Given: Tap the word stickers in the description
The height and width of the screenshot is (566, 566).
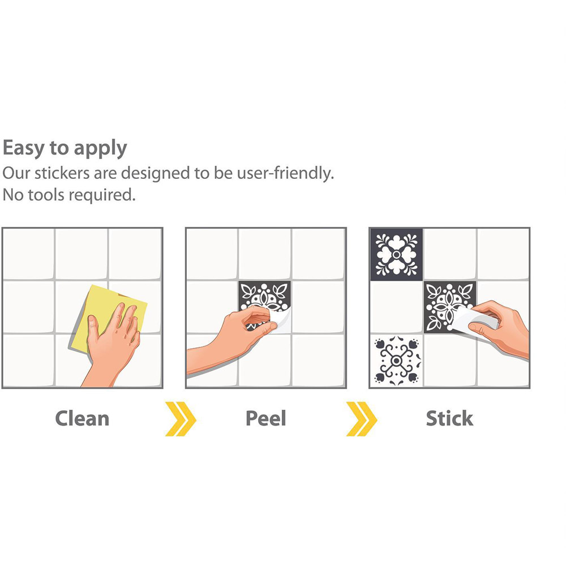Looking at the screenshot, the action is coord(62,173).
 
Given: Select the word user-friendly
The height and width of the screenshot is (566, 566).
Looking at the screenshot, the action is coord(285,173).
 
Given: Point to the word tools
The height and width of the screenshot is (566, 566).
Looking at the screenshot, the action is coord(46,195).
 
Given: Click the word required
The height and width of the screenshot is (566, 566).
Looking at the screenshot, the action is coord(102,196).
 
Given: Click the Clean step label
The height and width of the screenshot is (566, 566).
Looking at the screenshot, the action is coord(82,418).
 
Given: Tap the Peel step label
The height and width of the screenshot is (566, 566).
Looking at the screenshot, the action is coord(265,418).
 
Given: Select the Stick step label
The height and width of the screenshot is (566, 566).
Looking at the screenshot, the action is coord(449,418).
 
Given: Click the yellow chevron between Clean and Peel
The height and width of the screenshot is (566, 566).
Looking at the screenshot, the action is coord(181,418).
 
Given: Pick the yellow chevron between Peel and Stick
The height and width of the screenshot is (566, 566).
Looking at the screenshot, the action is coord(361,418).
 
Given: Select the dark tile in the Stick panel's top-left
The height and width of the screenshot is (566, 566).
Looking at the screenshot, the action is coord(396,255).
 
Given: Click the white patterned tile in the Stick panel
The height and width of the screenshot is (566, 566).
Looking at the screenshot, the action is coord(396,360).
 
